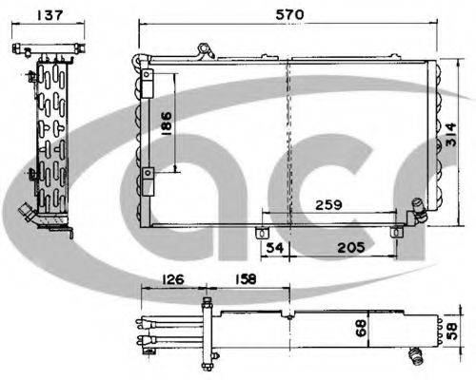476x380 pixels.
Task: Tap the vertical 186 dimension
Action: (x=167, y=123)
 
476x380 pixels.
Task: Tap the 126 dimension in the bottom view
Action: (x=173, y=281)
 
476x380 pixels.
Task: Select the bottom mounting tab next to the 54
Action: (x=262, y=233)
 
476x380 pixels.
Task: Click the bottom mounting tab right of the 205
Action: (x=398, y=231)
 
